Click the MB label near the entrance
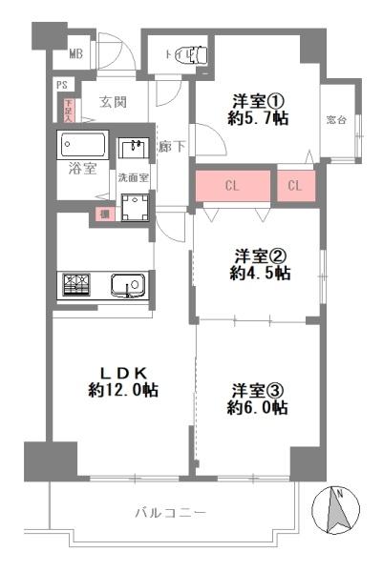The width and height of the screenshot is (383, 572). (75, 54)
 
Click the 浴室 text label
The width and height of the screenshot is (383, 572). (81, 170)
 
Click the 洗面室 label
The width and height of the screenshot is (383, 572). (133, 178)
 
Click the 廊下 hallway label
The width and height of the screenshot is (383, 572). (172, 147)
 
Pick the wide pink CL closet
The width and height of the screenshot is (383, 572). (232, 187)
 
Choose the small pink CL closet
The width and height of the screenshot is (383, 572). (294, 186)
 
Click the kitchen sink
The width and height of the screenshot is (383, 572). (127, 284)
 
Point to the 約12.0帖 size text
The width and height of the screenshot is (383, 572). (123, 390)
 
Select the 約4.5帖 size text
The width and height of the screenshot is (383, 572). (260, 274)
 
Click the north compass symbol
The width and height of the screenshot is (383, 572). (337, 510)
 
